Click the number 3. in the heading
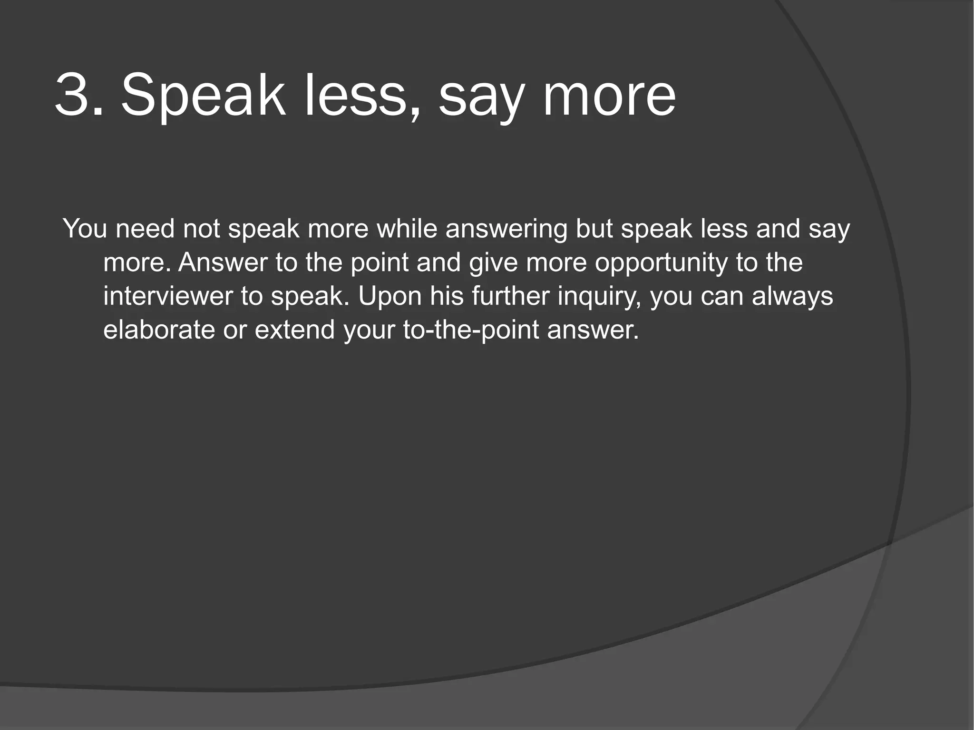point(78,96)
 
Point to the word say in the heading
point(482,100)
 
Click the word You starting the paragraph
point(85,229)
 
